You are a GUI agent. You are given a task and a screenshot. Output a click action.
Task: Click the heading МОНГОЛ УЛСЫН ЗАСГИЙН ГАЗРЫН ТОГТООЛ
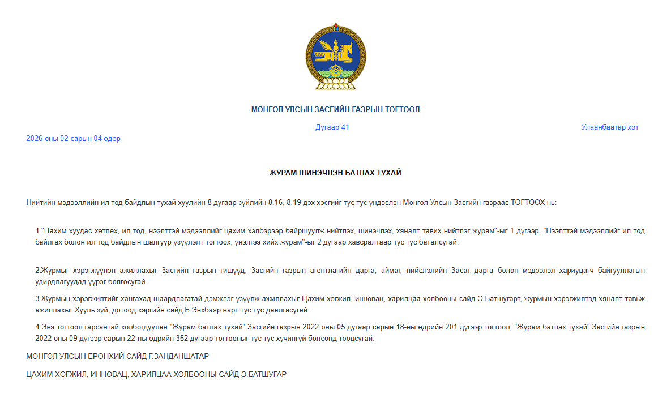335,109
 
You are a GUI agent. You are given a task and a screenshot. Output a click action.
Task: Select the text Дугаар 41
332,127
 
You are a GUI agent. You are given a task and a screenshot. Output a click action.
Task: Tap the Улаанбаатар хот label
610,127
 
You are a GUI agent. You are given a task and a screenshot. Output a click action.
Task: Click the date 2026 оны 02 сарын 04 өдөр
73,139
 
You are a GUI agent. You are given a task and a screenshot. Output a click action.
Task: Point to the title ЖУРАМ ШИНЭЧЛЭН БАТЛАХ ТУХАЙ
335,173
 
